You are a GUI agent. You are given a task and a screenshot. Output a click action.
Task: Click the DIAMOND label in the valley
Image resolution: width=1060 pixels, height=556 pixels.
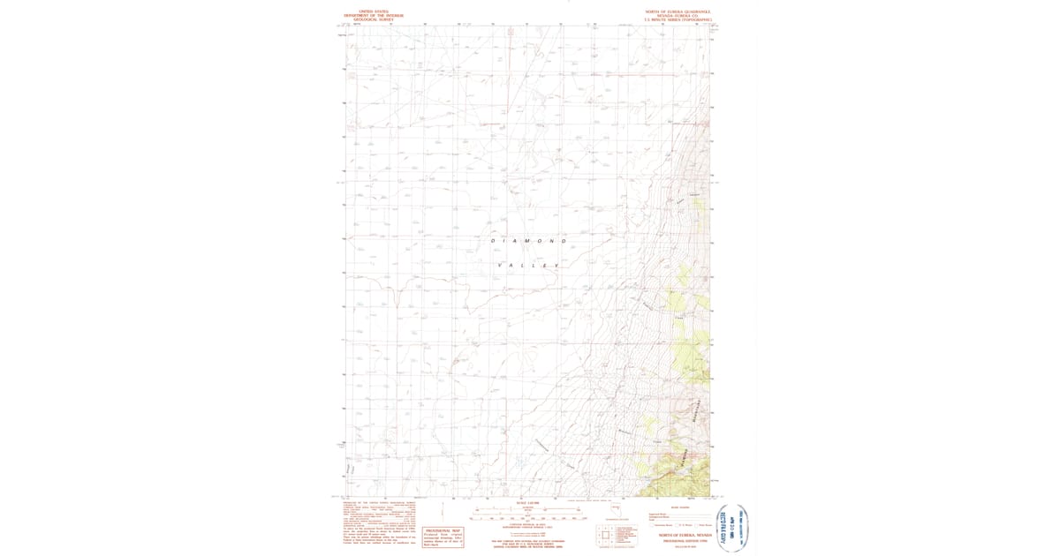pyautogui.click(x=528, y=241)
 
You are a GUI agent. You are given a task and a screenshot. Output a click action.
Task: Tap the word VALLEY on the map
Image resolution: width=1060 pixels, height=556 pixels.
pyautogui.click(x=528, y=265)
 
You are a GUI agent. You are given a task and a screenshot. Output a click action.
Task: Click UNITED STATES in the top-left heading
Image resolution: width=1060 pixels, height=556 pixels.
pyautogui.click(x=374, y=11)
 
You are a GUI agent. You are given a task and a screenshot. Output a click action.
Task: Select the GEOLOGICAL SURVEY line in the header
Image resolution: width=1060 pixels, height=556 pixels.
pyautogui.click(x=374, y=19)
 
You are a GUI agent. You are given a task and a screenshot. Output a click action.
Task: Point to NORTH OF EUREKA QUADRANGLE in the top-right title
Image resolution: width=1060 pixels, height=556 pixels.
pyautogui.click(x=678, y=11)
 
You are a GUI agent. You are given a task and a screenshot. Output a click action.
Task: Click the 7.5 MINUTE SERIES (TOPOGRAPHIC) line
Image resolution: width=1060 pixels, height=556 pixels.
pyautogui.click(x=678, y=19)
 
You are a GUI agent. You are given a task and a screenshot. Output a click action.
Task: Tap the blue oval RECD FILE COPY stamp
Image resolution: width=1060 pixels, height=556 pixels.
pyautogui.click(x=732, y=528)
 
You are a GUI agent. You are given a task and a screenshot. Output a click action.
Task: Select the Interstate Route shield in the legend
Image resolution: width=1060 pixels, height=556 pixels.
pyautogui.click(x=655, y=524)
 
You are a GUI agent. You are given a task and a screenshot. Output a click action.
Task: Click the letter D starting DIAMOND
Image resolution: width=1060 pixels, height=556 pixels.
pyautogui.click(x=493, y=241)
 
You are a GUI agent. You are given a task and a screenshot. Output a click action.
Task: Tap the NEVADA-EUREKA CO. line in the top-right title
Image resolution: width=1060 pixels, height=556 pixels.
pyautogui.click(x=678, y=16)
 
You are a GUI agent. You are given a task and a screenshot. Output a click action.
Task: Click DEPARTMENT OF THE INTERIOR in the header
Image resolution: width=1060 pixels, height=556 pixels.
pyautogui.click(x=374, y=15)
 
